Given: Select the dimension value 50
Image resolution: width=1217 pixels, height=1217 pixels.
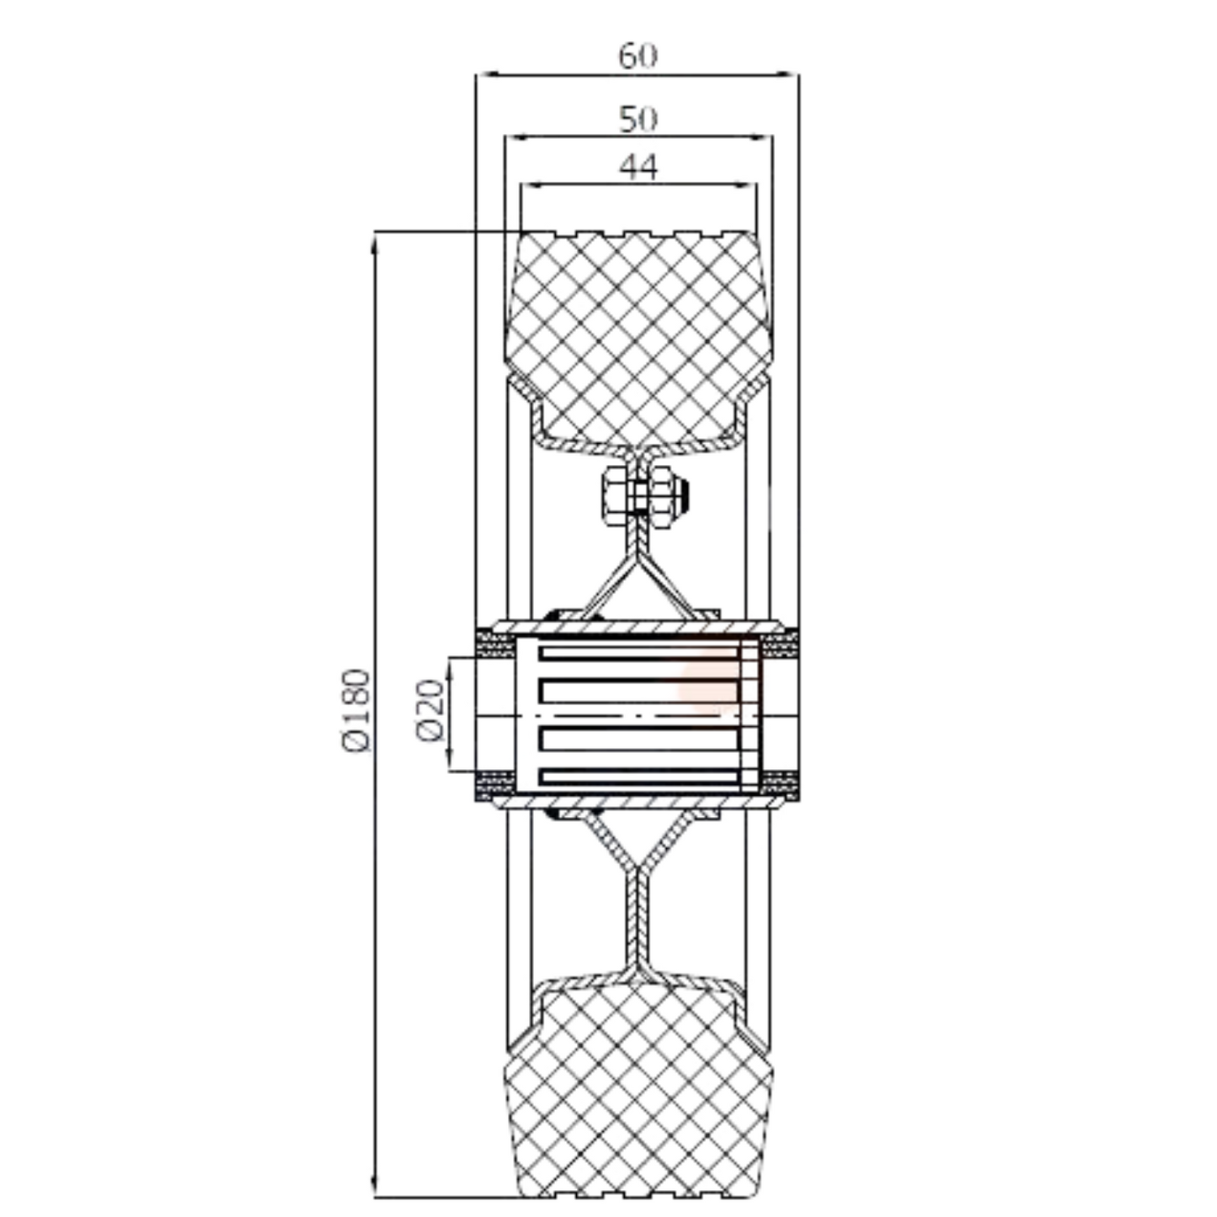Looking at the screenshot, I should click(x=638, y=119).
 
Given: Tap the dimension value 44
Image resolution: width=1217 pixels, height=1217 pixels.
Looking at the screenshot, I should click(x=638, y=167).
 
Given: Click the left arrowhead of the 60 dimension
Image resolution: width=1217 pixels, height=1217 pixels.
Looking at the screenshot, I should click(x=483, y=75).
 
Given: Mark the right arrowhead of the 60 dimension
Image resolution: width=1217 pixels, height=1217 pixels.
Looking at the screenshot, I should click(x=792, y=75).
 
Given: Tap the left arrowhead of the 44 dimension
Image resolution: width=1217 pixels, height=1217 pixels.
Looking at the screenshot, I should click(x=529, y=184).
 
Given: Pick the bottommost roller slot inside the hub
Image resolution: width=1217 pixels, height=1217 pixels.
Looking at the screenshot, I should click(x=638, y=777).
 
